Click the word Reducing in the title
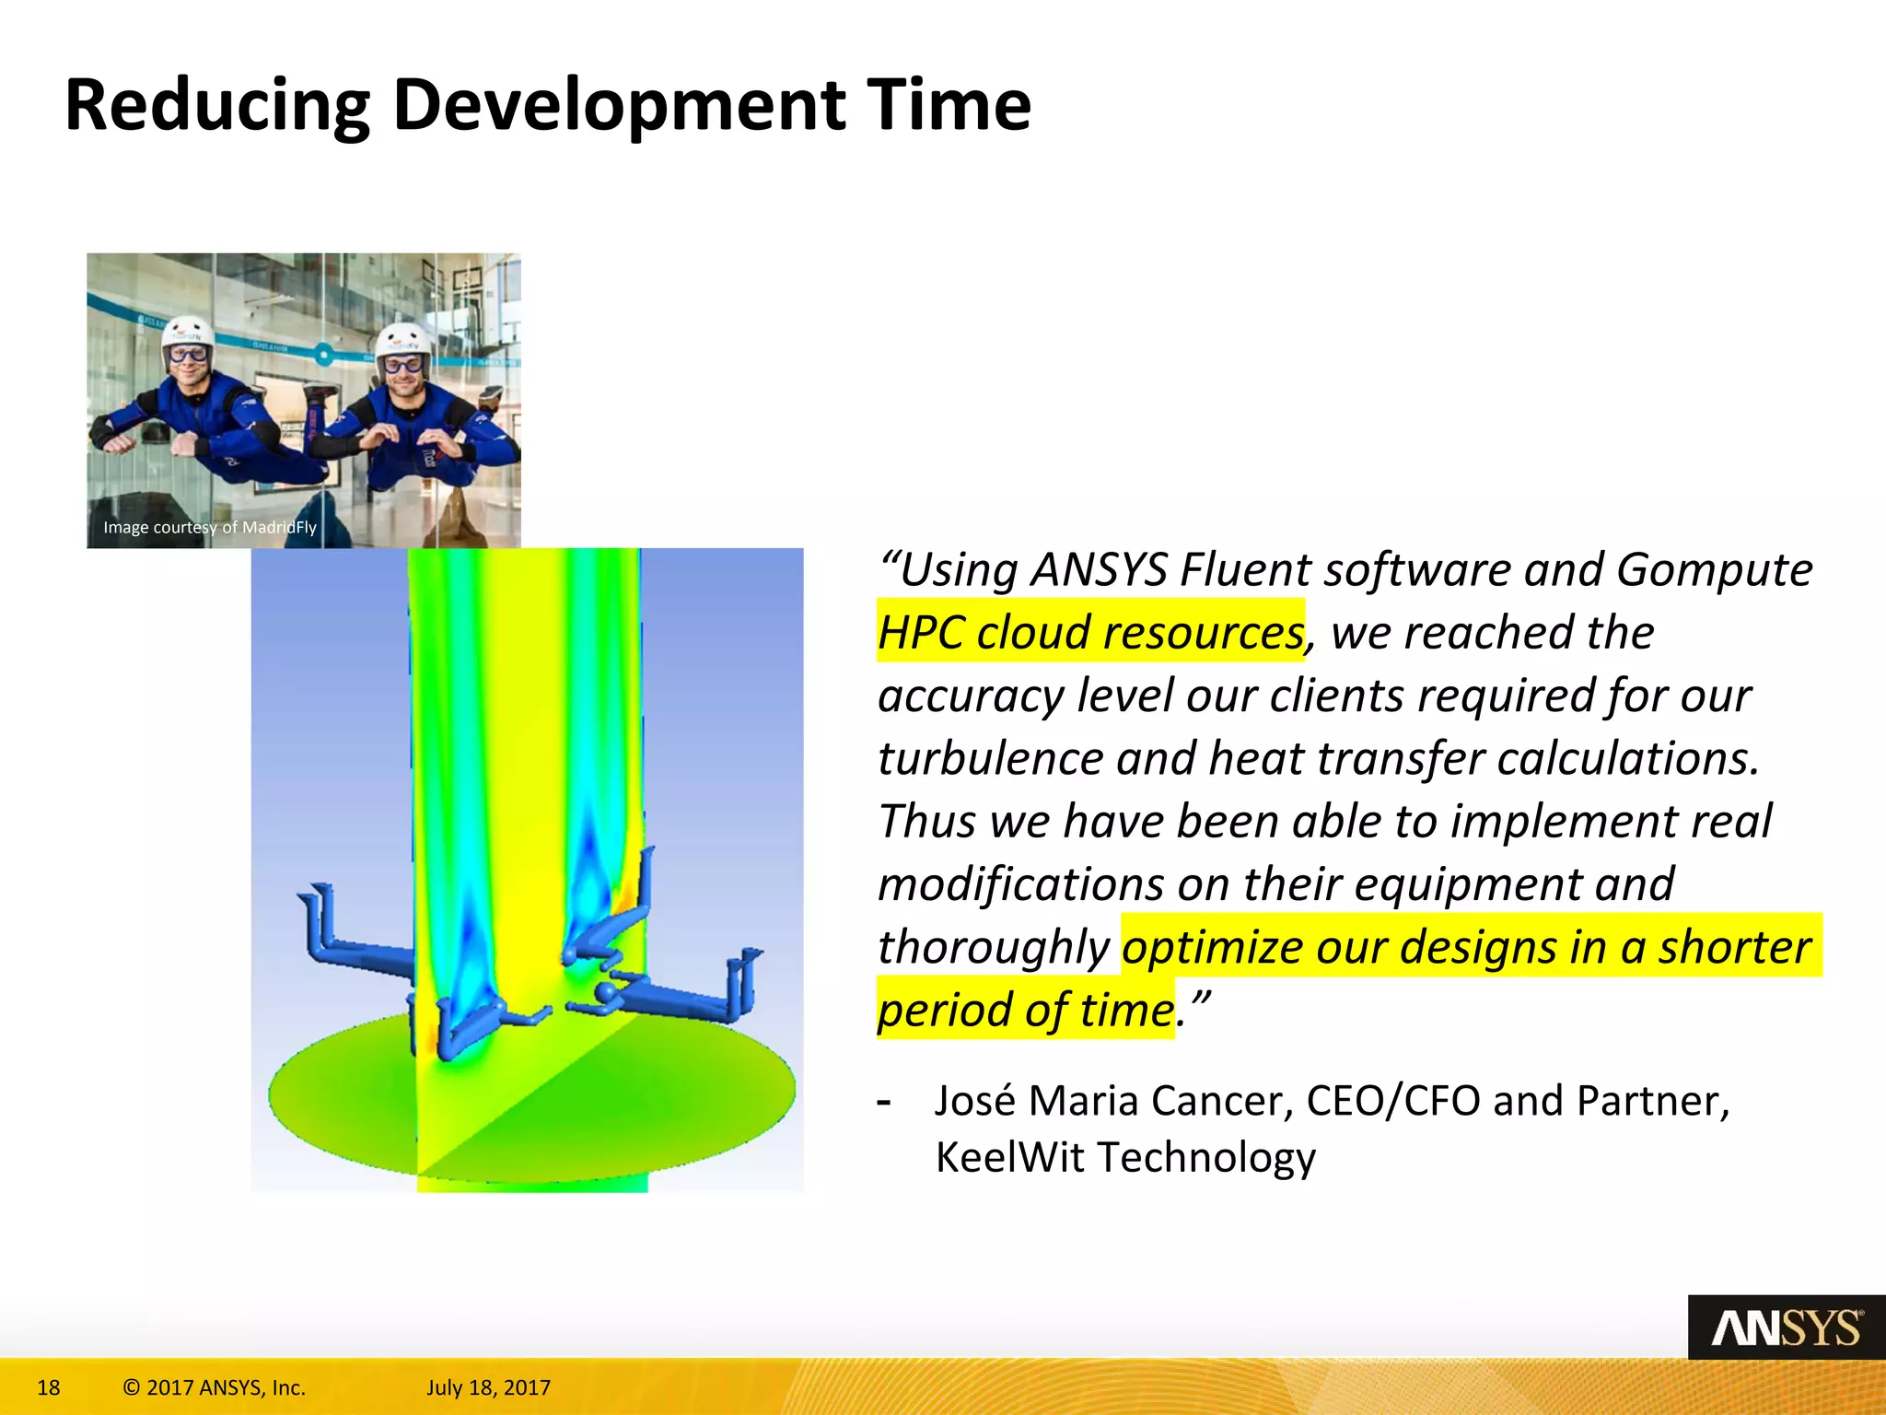pyautogui.click(x=217, y=106)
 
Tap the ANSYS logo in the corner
pyautogui.click(x=1786, y=1327)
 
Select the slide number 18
pyautogui.click(x=48, y=1387)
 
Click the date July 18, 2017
pyautogui.click(x=488, y=1387)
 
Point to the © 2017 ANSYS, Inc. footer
pyautogui.click(x=214, y=1387)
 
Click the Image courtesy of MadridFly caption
pyautogui.click(x=210, y=527)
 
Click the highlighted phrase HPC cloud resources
pyautogui.click(x=1090, y=632)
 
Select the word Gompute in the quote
pyautogui.click(x=1714, y=569)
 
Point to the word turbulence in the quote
pyautogui.click(x=990, y=758)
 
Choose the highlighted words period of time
pyautogui.click(x=1025, y=1010)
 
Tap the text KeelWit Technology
pyautogui.click(x=1125, y=1157)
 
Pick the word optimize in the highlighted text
pyautogui.click(x=1212, y=947)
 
